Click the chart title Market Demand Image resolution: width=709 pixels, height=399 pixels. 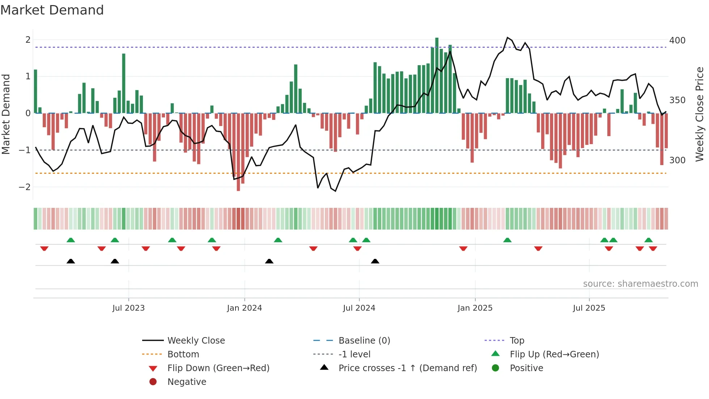click(52, 10)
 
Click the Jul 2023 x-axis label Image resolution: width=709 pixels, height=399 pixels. click(128, 308)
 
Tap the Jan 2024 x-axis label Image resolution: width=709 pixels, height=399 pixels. click(245, 308)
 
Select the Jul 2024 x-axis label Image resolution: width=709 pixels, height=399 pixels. click(359, 308)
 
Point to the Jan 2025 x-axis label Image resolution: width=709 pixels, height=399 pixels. click(475, 308)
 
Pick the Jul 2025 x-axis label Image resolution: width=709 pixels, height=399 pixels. click(589, 308)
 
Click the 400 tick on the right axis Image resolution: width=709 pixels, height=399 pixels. click(677, 41)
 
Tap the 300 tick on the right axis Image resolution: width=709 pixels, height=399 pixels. click(677, 160)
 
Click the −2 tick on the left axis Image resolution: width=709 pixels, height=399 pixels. click(25, 187)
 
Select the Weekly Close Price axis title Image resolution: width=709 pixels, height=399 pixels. click(700, 114)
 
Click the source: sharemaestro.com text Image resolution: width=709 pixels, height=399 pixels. click(640, 284)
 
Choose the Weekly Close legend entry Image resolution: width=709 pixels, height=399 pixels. click(196, 341)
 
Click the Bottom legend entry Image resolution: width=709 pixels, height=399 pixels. click(183, 354)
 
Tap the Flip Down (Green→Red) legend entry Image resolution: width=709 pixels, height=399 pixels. click(218, 368)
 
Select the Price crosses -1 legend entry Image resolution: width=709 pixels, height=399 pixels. click(407, 368)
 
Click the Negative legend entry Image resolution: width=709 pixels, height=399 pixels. click(187, 382)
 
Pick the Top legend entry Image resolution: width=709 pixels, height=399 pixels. click(517, 341)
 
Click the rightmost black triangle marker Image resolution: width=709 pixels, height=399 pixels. click(375, 261)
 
